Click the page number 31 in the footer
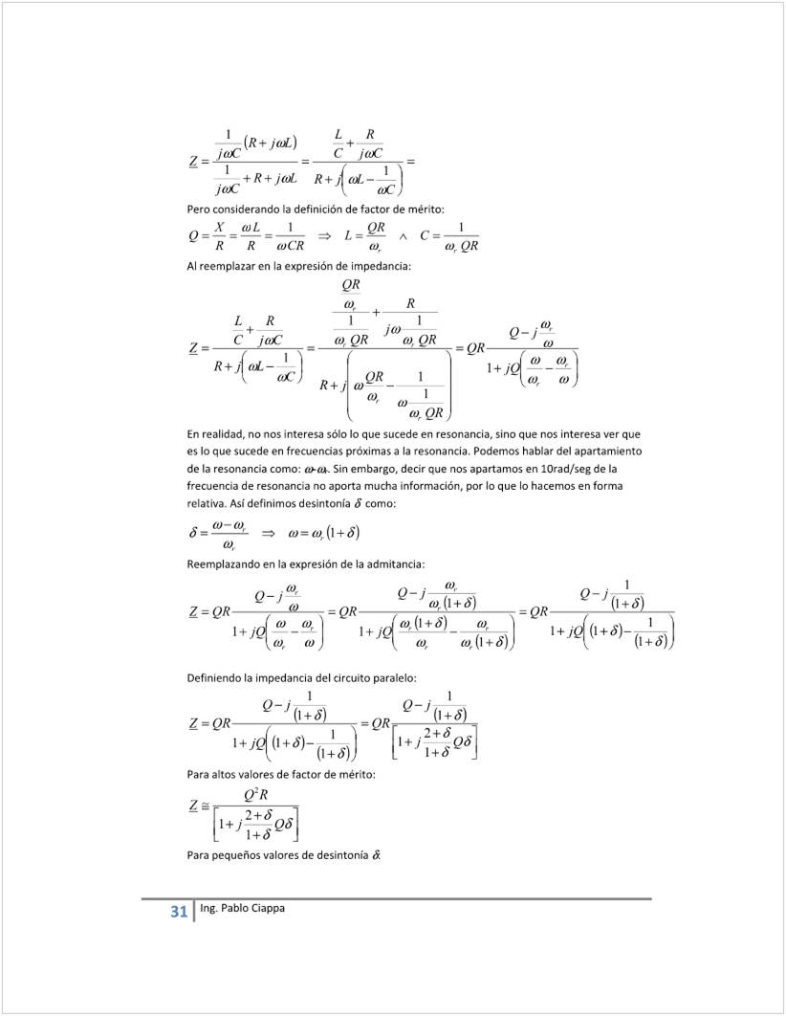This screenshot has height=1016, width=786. point(178,911)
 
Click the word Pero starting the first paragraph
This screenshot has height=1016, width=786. point(197,208)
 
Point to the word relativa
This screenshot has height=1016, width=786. point(206,503)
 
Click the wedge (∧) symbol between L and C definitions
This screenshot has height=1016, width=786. point(403,235)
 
